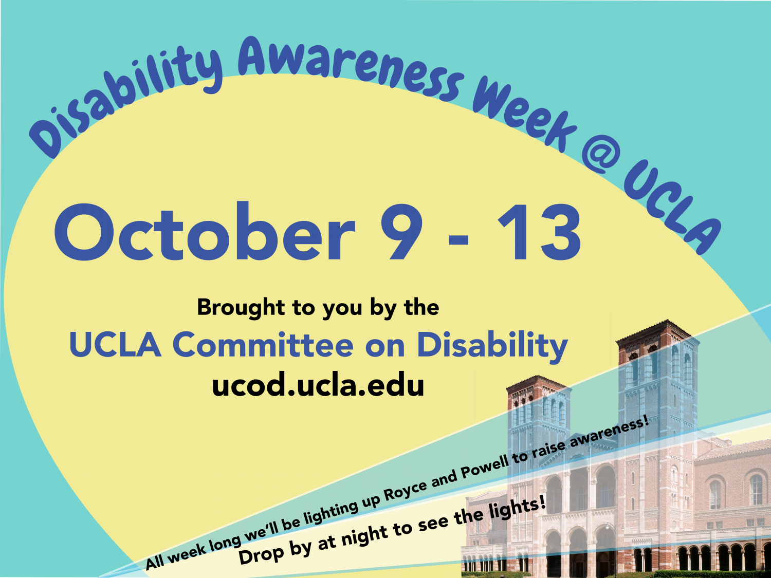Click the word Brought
[x=241, y=308]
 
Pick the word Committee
[x=263, y=345]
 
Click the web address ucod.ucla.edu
[x=318, y=385]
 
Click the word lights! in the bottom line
[x=516, y=509]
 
